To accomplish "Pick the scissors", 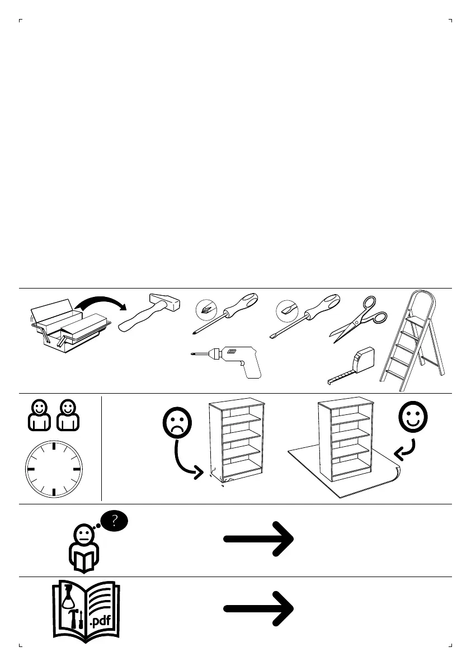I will pos(358,319).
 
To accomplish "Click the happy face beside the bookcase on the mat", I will pos(413,417).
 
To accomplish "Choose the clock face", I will pos(54,469).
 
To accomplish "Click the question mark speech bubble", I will pos(115,522).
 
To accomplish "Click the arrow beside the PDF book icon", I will pos(259,610).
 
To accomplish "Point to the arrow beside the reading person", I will pos(259,539).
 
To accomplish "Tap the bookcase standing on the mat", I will pos(344,438).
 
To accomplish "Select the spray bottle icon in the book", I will pos(68,598).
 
